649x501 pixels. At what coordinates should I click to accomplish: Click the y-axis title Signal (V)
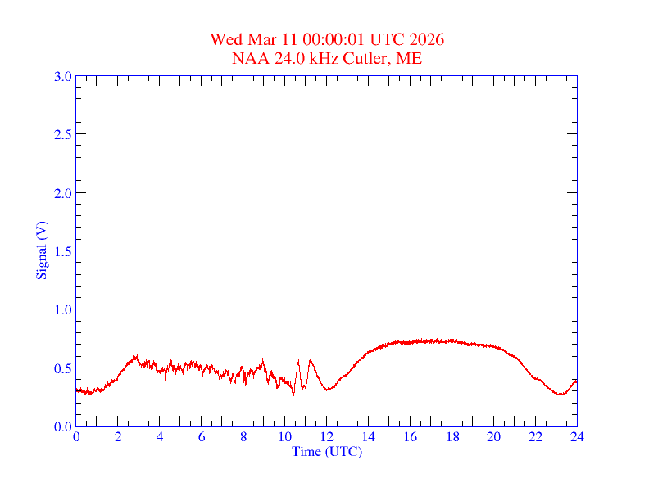click(40, 250)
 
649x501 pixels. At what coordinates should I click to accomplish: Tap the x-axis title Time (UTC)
click(326, 451)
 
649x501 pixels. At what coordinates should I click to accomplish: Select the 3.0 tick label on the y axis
click(62, 76)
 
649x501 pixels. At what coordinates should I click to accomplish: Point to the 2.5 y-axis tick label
click(62, 134)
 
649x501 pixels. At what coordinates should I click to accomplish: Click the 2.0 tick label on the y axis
click(62, 193)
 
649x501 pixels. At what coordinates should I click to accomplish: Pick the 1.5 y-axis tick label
click(62, 251)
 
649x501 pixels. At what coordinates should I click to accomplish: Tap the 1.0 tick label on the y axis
click(62, 309)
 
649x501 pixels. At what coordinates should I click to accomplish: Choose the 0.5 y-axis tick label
click(62, 368)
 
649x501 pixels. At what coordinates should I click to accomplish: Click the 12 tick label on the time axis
click(327, 437)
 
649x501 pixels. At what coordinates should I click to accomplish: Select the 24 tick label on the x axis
click(577, 437)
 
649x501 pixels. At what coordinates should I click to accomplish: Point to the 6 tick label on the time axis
click(202, 437)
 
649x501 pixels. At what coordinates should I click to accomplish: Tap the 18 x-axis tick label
click(452, 437)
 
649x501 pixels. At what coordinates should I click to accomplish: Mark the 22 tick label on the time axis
click(535, 437)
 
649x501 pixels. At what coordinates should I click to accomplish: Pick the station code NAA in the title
click(247, 58)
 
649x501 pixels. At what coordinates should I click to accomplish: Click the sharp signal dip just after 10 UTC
click(293, 395)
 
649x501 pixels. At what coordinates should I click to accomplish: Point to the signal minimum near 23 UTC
click(561, 395)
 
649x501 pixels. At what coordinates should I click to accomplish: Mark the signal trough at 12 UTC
click(328, 390)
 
